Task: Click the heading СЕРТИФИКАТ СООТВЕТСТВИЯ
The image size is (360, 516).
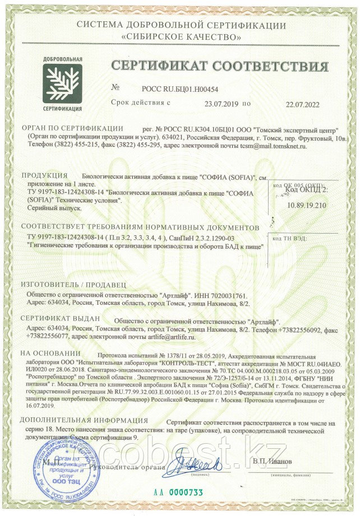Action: [x=219, y=66]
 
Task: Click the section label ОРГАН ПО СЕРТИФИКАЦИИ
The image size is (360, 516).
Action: [x=71, y=128]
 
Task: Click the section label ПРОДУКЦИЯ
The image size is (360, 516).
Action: [x=44, y=176]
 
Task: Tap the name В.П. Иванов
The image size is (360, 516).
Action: [x=272, y=461]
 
